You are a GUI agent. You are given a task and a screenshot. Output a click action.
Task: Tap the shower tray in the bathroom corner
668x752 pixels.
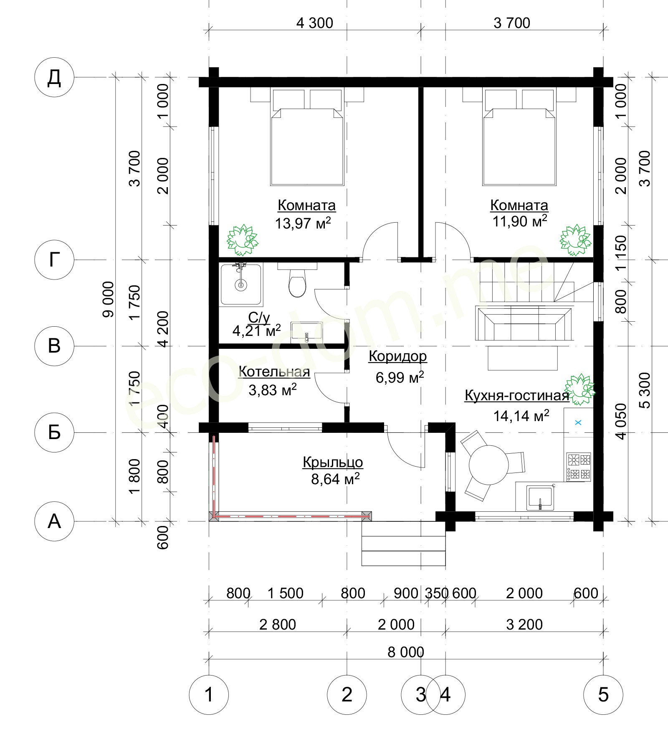click(241, 284)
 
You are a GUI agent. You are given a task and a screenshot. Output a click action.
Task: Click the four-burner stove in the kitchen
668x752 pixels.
click(579, 467)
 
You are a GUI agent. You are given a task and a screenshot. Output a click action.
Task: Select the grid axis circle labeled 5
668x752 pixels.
click(603, 695)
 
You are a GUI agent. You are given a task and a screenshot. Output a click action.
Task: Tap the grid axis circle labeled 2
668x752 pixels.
click(347, 695)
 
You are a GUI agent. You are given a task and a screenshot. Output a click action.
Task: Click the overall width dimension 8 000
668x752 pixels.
click(406, 652)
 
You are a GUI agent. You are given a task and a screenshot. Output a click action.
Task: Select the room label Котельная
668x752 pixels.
click(274, 371)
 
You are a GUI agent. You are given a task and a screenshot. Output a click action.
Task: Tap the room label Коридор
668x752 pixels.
click(398, 356)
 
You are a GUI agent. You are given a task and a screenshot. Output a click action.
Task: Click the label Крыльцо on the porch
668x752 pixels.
click(333, 462)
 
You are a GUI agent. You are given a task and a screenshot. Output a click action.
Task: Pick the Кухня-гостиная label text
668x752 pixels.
click(517, 395)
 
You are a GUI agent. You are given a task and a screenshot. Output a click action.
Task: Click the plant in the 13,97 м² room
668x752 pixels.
click(242, 240)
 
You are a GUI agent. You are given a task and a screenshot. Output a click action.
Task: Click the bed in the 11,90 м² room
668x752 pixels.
click(519, 137)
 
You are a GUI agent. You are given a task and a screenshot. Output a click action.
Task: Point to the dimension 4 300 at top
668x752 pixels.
click(315, 23)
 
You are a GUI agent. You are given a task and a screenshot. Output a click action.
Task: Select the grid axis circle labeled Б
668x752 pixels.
click(54, 432)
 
